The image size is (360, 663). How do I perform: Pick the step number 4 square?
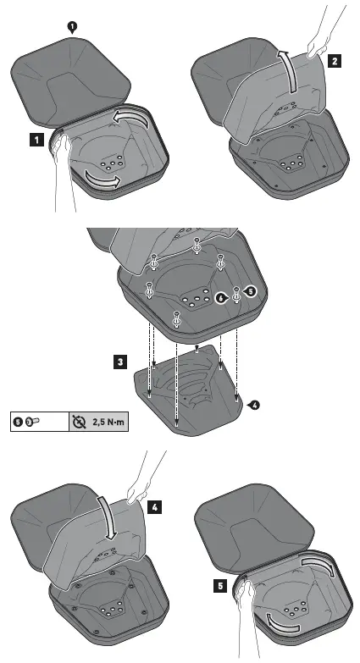[x=155, y=508]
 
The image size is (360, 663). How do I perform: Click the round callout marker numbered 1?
[x=72, y=26]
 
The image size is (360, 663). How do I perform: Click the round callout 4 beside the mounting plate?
[x=255, y=404]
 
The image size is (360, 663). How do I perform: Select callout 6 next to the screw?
[x=220, y=298]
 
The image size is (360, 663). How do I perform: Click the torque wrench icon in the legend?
[x=79, y=419]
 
